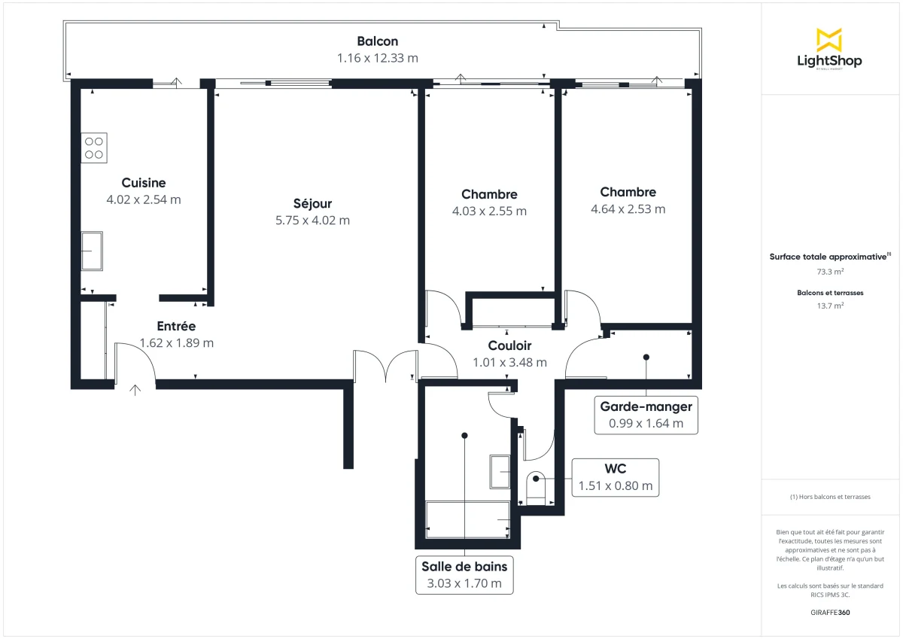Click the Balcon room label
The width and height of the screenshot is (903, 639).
pyautogui.click(x=377, y=41)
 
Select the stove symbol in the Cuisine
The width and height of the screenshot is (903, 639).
pyautogui.click(x=94, y=148)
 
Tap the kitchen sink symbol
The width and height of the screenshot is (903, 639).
pyautogui.click(x=92, y=251)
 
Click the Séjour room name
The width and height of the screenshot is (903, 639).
pyautogui.click(x=312, y=203)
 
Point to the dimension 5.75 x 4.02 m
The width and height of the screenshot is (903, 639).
pyautogui.click(x=312, y=221)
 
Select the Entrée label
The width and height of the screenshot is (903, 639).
pyautogui.click(x=176, y=326)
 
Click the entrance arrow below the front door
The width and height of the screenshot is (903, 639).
pyautogui.click(x=135, y=389)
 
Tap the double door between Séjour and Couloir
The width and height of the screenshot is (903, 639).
pyautogui.click(x=385, y=367)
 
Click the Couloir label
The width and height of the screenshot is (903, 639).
pyautogui.click(x=509, y=345)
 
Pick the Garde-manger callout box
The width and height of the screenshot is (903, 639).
pyautogui.click(x=646, y=415)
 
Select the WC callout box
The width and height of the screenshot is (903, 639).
pyautogui.click(x=615, y=478)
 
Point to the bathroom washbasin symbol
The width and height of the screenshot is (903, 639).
pyautogui.click(x=500, y=471)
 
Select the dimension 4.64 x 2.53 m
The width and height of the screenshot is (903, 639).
pyautogui.click(x=628, y=209)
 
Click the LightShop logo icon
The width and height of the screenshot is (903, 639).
pyautogui.click(x=829, y=40)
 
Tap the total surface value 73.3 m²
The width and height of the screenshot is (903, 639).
pyautogui.click(x=830, y=272)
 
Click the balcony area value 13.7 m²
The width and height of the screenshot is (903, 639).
pyautogui.click(x=830, y=306)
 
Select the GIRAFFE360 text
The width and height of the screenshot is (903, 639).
pyautogui.click(x=830, y=613)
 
